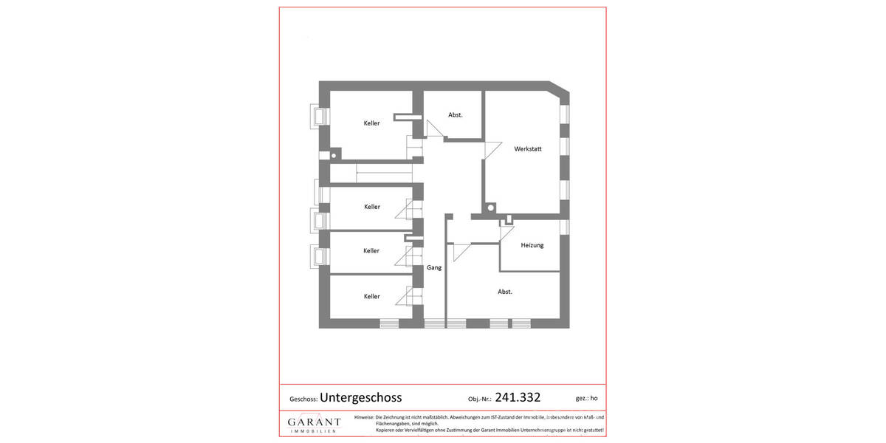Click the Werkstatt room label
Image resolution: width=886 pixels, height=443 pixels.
(528, 149)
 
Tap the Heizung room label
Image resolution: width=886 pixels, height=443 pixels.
(532, 245)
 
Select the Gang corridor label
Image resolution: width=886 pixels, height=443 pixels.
(434, 267)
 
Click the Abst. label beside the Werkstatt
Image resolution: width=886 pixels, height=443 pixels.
(456, 115)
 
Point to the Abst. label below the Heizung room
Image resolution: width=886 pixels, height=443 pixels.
(504, 292)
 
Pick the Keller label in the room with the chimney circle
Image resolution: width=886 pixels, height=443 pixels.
(371, 123)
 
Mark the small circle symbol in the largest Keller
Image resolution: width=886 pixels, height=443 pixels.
(334, 156)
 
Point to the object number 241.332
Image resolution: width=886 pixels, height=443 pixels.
(518, 397)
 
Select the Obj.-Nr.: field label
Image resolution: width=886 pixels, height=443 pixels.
(479, 399)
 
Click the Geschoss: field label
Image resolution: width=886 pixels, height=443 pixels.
(303, 399)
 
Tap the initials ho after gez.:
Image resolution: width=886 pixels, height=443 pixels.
(595, 399)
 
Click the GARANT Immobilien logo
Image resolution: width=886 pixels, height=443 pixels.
(314, 424)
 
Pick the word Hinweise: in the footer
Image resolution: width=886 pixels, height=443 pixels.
(364, 418)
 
